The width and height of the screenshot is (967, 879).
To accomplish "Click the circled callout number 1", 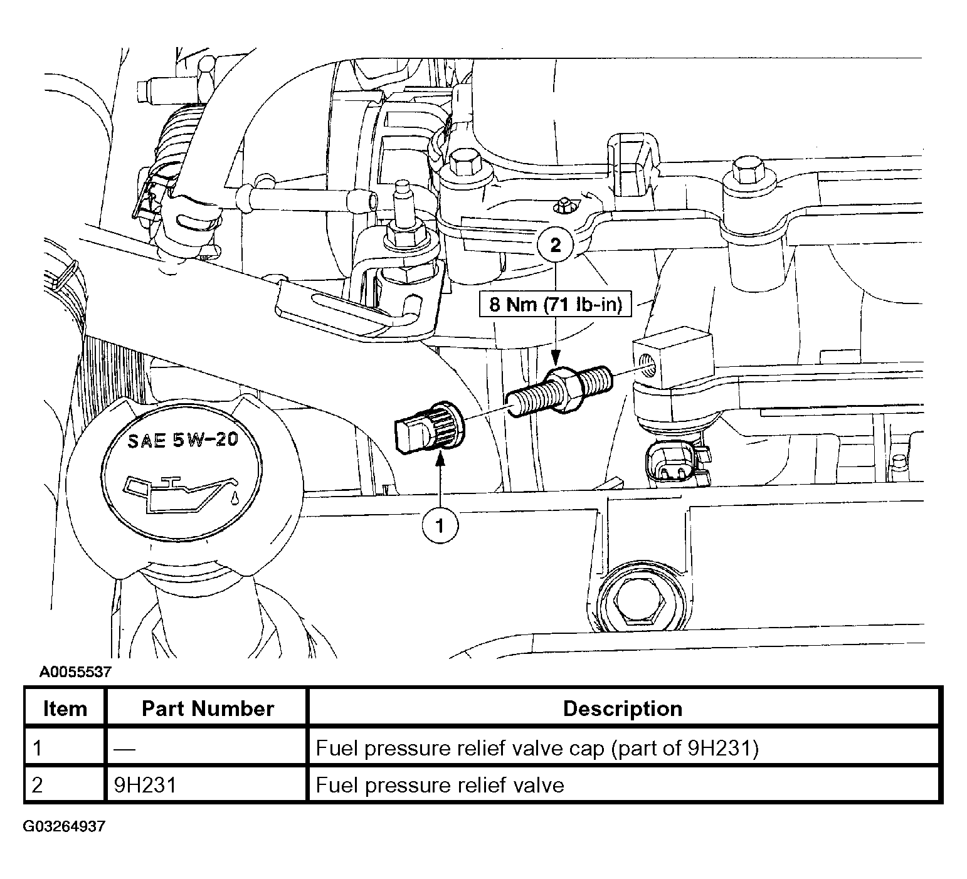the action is (x=440, y=525).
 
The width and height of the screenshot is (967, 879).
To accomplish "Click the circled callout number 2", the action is (x=556, y=245).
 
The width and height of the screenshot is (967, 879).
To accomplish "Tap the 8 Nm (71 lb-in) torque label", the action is (x=555, y=305).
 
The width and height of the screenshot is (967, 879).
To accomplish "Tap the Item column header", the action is (x=65, y=708).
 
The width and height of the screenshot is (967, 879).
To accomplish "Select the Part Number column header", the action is (x=208, y=708).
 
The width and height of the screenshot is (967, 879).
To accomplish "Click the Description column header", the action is (x=623, y=708).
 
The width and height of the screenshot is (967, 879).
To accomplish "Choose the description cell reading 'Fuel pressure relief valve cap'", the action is (x=537, y=748).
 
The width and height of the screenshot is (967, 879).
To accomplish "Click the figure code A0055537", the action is (x=75, y=673).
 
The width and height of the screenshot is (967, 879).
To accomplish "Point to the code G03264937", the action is (x=64, y=826).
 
